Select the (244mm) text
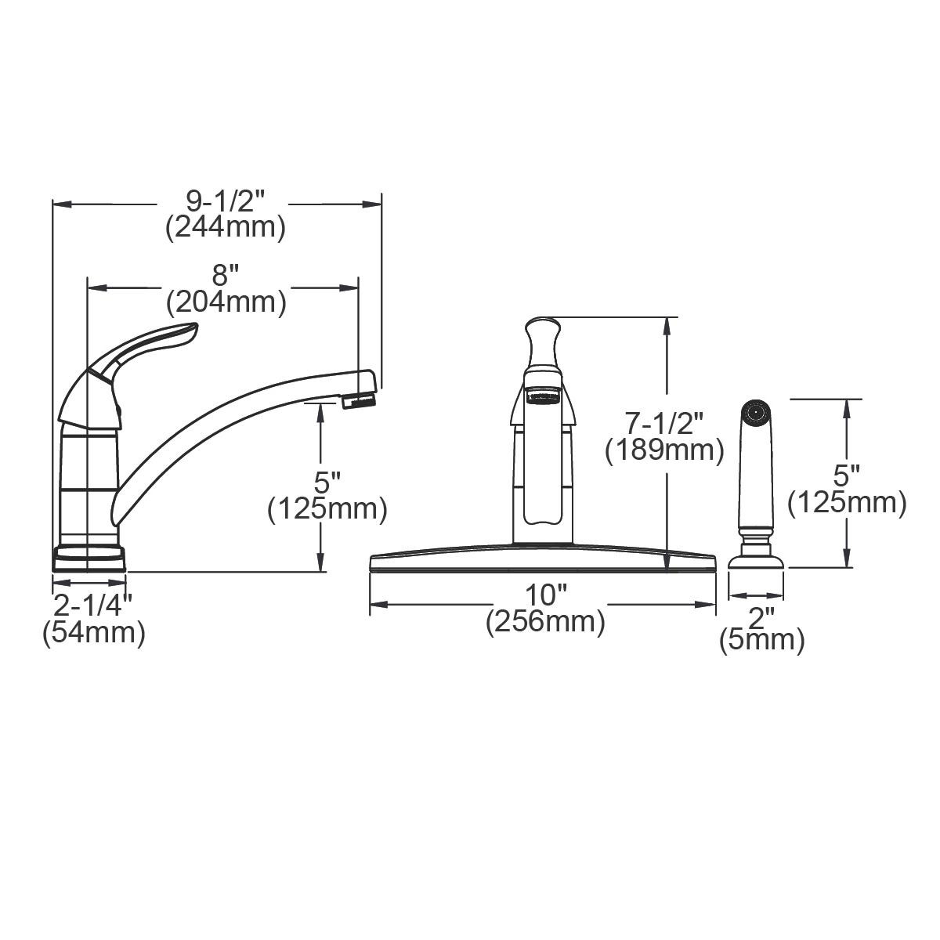225,228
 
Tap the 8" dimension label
225,275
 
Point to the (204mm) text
225,301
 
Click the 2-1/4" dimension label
93,605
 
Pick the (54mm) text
93,632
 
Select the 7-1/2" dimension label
664,424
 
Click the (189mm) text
664,451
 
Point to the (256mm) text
545,623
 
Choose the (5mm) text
761,641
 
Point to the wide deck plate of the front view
542,562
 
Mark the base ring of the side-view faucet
89,558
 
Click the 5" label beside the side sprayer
847,475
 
